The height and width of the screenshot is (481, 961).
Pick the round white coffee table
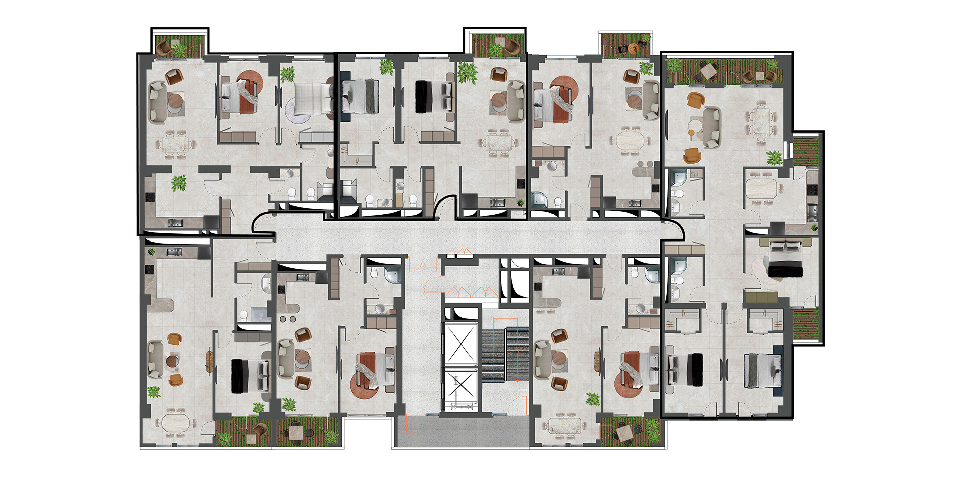(x=695, y=124)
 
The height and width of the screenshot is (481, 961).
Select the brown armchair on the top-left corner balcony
(x=164, y=48)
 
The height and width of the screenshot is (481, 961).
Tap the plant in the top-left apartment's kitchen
(x=179, y=183)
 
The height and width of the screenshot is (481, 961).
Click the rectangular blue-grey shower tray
(x=259, y=314)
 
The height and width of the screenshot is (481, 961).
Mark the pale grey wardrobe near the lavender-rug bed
(x=316, y=137)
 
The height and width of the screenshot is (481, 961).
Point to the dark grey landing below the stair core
(x=460, y=432)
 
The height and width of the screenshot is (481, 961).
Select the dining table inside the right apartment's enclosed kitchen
(x=763, y=189)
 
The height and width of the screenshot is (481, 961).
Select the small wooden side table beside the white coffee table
(x=692, y=133)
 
